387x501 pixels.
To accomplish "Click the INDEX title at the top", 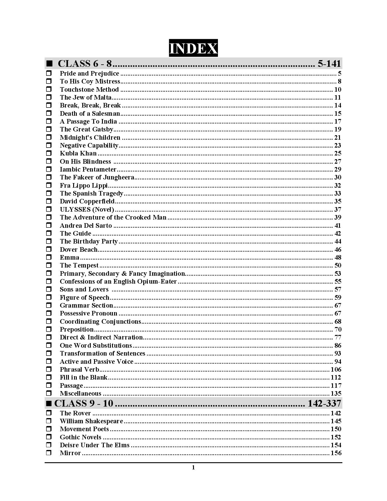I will (x=193, y=48).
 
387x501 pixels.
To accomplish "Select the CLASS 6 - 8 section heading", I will (x=85, y=64).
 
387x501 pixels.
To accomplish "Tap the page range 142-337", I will (x=324, y=403).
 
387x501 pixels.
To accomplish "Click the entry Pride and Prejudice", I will (x=89, y=73).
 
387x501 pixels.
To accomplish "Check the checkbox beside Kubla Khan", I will (x=49, y=153).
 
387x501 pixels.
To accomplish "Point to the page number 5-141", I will (x=329, y=64).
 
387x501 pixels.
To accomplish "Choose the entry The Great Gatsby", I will (x=87, y=129).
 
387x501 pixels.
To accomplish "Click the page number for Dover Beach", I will (x=338, y=250).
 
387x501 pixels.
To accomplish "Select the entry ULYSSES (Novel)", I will (x=87, y=210).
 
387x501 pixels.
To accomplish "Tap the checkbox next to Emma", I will (x=49, y=257).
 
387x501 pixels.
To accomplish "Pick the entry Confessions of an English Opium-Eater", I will (x=118, y=281).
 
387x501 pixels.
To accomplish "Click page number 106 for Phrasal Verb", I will (x=336, y=370).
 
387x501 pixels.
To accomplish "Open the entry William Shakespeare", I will (x=91, y=421).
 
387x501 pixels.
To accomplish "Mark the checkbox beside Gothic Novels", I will (x=49, y=437).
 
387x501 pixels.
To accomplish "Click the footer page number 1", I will (x=193, y=468).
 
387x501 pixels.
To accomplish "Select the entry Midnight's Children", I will (x=90, y=138).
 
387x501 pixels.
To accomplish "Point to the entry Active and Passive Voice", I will (x=97, y=362).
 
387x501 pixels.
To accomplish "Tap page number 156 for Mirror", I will (x=336, y=453).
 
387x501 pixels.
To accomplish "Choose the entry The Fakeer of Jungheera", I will (x=97, y=177).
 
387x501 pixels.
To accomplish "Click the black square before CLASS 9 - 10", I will (x=49, y=404).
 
